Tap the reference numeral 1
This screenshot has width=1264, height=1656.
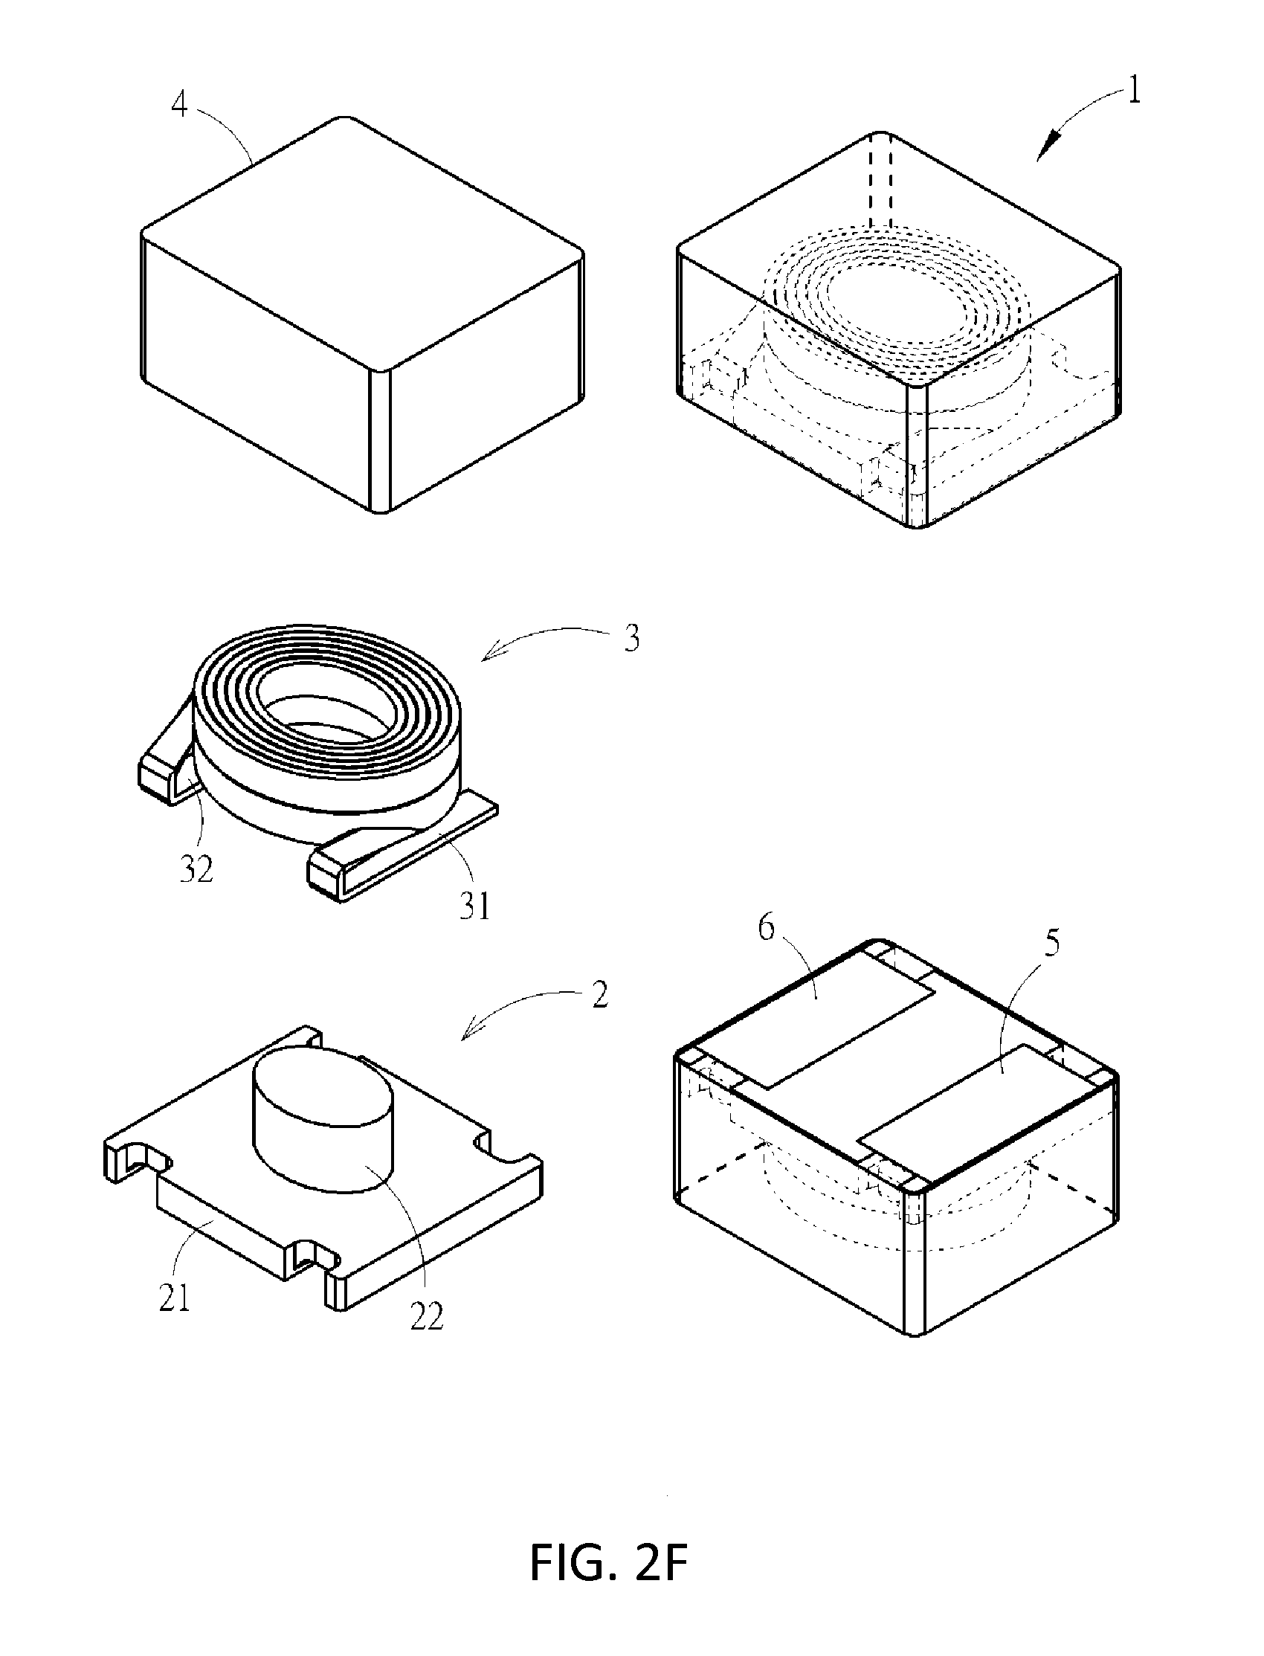1132,91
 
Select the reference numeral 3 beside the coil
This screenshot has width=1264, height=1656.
631,638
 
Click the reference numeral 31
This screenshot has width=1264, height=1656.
475,906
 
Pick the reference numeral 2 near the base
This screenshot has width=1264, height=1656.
599,995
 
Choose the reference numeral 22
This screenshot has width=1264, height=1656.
427,1316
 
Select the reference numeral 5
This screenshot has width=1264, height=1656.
1052,942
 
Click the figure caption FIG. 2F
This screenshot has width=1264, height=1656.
609,1564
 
